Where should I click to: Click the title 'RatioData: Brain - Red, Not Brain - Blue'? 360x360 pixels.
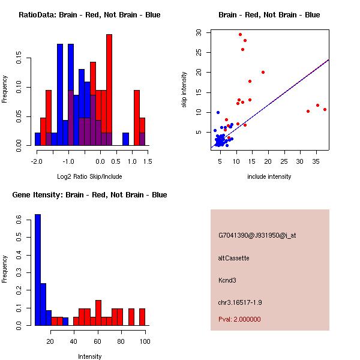pos(89,15)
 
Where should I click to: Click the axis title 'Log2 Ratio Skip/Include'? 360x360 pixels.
pos(89,176)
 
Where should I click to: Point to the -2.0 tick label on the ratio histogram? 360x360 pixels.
pos(37,161)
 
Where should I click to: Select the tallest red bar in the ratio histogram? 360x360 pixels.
pos(109,90)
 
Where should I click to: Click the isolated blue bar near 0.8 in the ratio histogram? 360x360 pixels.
pos(126,139)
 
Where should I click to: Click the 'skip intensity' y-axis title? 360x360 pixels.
pos(184,90)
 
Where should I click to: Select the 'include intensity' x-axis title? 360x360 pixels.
pos(269,176)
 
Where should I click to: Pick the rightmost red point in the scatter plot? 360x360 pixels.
pos(325,109)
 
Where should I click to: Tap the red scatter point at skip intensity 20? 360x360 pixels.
pos(263,72)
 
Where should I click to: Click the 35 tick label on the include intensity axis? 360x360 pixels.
pos(317,161)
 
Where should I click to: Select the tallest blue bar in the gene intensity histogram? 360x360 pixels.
pos(38,270)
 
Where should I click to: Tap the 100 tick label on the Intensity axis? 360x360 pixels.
pos(145,341)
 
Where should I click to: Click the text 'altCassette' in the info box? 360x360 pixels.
pos(233,258)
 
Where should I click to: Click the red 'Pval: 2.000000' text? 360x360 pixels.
pos(239,319)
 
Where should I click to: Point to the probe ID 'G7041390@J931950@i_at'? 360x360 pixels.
pos(257,235)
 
